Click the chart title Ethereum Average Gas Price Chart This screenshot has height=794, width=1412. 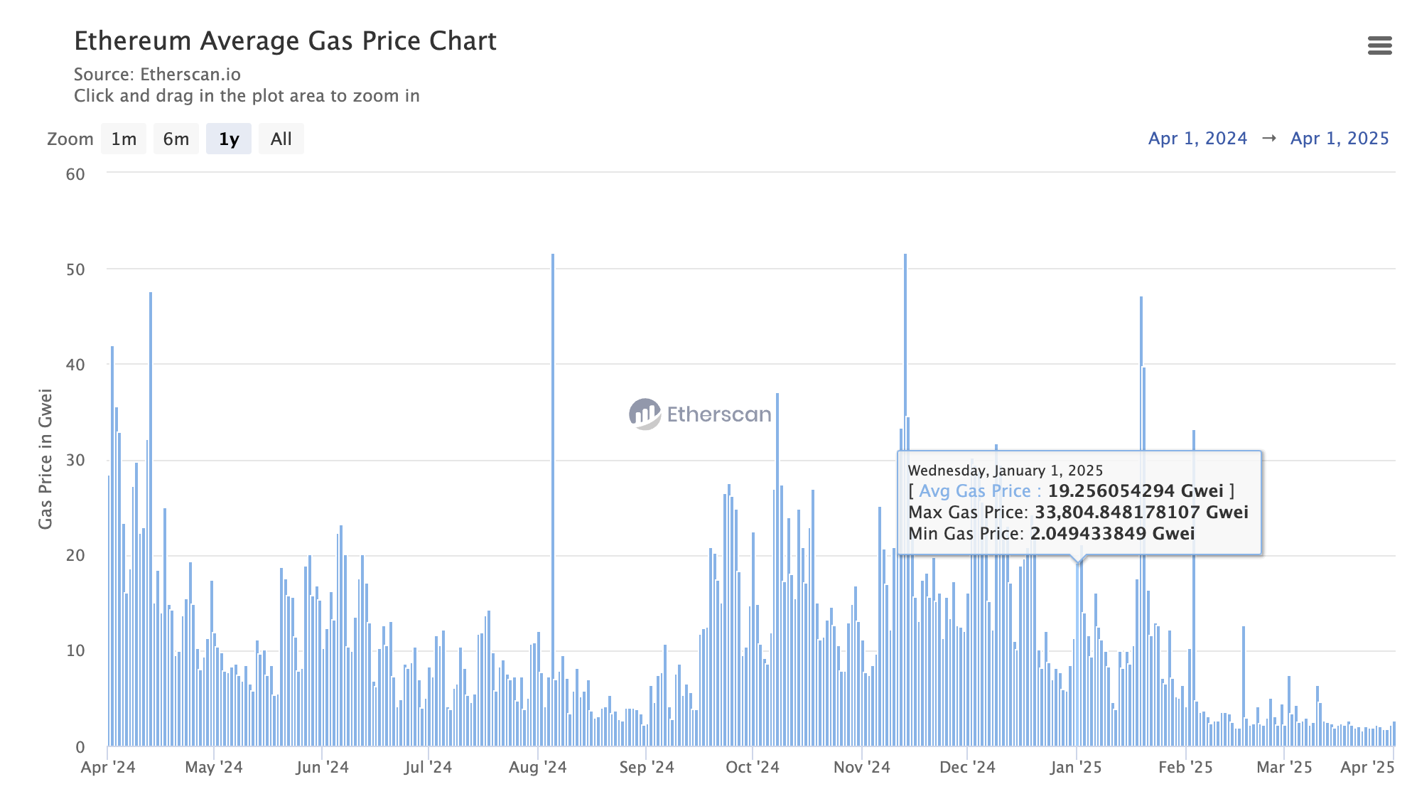pos(285,41)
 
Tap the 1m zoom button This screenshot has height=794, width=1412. pos(124,139)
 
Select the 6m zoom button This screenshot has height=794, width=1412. pos(176,139)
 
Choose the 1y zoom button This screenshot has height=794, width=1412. pos(228,139)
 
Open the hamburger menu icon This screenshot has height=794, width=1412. pos(1379,45)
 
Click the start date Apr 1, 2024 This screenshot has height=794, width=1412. pos(1197,139)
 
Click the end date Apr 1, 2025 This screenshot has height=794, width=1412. pos(1339,139)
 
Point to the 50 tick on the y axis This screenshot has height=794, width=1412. pos(75,269)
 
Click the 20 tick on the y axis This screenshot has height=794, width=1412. pos(75,555)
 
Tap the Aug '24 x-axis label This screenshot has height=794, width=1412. pos(537,768)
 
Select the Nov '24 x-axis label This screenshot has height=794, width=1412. pos(861,768)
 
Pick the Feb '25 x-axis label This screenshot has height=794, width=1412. pos(1185,768)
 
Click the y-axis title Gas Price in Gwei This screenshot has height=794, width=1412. pos(45,459)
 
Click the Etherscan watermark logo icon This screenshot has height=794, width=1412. pos(645,414)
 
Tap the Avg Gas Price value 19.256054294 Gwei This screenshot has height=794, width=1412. pos(1136,491)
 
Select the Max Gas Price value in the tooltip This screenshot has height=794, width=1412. pos(1141,513)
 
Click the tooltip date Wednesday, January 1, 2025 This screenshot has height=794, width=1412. pos(1005,471)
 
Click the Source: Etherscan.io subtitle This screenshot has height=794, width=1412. pos(157,75)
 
